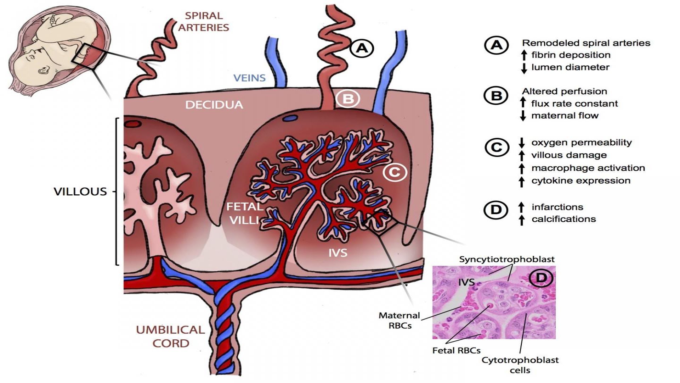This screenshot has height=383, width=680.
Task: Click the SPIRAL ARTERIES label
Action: (x=204, y=22)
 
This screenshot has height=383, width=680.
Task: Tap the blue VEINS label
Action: (x=249, y=78)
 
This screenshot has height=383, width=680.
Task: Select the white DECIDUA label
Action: (x=214, y=105)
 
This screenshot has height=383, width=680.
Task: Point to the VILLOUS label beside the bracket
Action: (x=80, y=191)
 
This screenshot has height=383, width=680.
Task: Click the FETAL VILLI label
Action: (x=244, y=213)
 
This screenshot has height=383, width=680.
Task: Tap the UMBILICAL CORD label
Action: (x=170, y=336)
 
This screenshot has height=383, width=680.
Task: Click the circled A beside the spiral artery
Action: (x=362, y=48)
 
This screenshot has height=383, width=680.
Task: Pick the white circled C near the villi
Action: (x=395, y=172)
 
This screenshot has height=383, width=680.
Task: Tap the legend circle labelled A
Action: (x=497, y=45)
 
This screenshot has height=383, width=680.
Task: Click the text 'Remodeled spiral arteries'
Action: (x=586, y=43)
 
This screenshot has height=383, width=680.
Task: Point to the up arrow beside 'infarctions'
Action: (x=521, y=207)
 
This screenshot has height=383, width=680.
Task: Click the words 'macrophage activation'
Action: (x=588, y=168)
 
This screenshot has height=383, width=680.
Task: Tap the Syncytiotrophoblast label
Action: (x=507, y=259)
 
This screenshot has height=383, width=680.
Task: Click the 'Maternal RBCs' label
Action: (x=399, y=320)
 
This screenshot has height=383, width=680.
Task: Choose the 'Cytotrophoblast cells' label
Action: (x=520, y=365)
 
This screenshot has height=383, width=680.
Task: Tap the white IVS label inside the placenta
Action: (x=338, y=252)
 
